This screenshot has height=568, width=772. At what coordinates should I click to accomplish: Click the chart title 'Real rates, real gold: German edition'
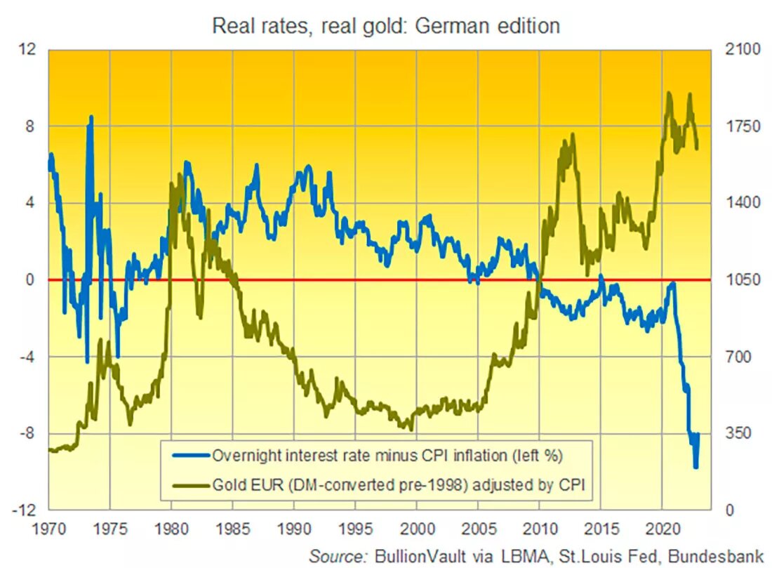tap(386, 26)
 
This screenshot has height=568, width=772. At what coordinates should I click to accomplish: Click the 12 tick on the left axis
tap(28, 51)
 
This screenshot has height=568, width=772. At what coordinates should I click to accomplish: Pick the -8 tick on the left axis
tap(28, 433)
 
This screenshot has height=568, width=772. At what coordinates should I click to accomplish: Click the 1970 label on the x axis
tap(48, 527)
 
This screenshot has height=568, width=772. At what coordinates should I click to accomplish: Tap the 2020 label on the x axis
tap(662, 527)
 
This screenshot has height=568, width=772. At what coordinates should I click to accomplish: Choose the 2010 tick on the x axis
tap(539, 527)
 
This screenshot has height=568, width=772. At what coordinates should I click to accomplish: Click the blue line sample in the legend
tap(187, 455)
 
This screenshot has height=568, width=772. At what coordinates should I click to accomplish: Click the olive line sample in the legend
tap(187, 484)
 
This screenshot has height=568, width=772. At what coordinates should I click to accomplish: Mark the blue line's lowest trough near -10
tap(696, 466)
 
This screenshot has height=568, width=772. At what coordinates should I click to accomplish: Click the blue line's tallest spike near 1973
tap(91, 117)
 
